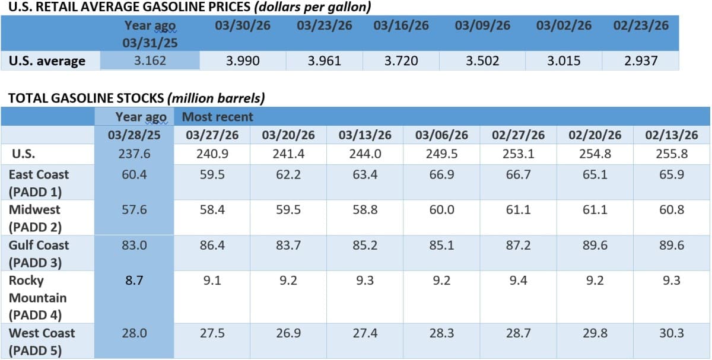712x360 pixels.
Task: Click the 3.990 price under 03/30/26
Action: [x=243, y=60]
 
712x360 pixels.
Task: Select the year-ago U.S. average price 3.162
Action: [x=150, y=60]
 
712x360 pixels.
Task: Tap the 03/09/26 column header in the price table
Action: [x=482, y=26]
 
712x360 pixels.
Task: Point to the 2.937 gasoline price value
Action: [x=641, y=60]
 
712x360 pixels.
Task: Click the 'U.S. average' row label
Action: [x=47, y=60]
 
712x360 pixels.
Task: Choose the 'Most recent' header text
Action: [x=217, y=117]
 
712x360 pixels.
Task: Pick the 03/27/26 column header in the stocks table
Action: [x=212, y=135]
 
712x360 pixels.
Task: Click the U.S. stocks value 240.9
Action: [x=212, y=153]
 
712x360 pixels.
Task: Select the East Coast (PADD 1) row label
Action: [x=39, y=183]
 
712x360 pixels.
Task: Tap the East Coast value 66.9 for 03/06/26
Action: [x=442, y=174]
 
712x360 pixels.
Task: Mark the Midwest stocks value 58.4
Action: [x=212, y=209]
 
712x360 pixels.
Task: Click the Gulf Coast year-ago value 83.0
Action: [x=135, y=245]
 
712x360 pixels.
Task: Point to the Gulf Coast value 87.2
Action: [x=519, y=245]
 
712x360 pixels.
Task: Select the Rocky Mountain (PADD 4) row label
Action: [x=37, y=297]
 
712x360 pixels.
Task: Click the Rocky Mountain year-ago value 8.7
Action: [x=135, y=281]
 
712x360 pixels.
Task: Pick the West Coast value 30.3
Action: [x=672, y=333]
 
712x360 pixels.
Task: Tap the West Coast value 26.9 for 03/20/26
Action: [x=288, y=333]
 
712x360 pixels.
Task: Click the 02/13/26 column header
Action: [x=672, y=135]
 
